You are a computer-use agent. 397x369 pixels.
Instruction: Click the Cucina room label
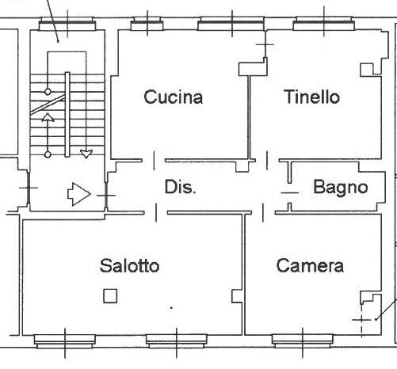[x=174, y=97]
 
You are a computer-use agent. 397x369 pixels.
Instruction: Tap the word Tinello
[x=311, y=97]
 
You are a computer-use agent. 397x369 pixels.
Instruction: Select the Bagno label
[x=341, y=188]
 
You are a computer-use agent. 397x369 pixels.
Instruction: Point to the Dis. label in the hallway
[x=181, y=187]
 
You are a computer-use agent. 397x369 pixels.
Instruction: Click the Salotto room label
[x=130, y=265]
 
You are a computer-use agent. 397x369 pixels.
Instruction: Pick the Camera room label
[x=310, y=265]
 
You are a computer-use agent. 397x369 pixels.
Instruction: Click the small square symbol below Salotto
[x=110, y=296]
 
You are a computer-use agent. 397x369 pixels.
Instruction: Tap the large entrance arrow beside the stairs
[x=79, y=194]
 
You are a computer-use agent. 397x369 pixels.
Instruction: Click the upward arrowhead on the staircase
[x=48, y=117]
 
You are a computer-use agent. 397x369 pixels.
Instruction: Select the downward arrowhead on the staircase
[x=86, y=154]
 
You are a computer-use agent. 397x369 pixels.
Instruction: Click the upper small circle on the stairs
[x=48, y=92]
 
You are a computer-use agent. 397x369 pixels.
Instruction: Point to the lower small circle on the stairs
[x=48, y=154]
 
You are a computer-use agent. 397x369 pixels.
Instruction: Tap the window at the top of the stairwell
[x=67, y=24]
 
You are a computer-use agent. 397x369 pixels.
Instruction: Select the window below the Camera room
[x=303, y=341]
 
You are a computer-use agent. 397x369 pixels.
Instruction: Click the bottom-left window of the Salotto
[x=65, y=341]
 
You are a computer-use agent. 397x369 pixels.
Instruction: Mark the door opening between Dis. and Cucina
[x=154, y=161]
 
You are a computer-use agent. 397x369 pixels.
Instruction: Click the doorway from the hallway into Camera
[x=263, y=212]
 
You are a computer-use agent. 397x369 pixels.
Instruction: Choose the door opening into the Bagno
[x=290, y=193]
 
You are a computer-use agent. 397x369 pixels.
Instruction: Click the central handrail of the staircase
[x=67, y=115]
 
